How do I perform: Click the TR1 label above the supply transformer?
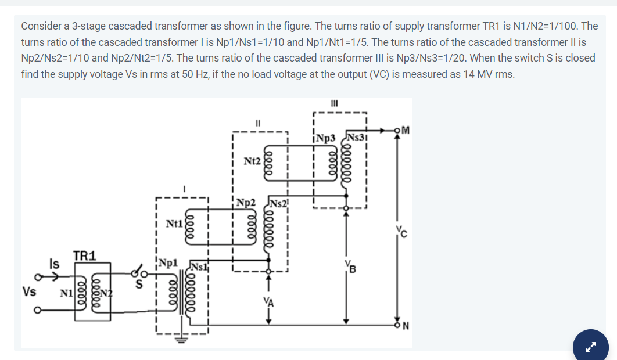coord(85,255)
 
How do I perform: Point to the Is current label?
coord(54,262)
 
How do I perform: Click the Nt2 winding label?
coord(253,159)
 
